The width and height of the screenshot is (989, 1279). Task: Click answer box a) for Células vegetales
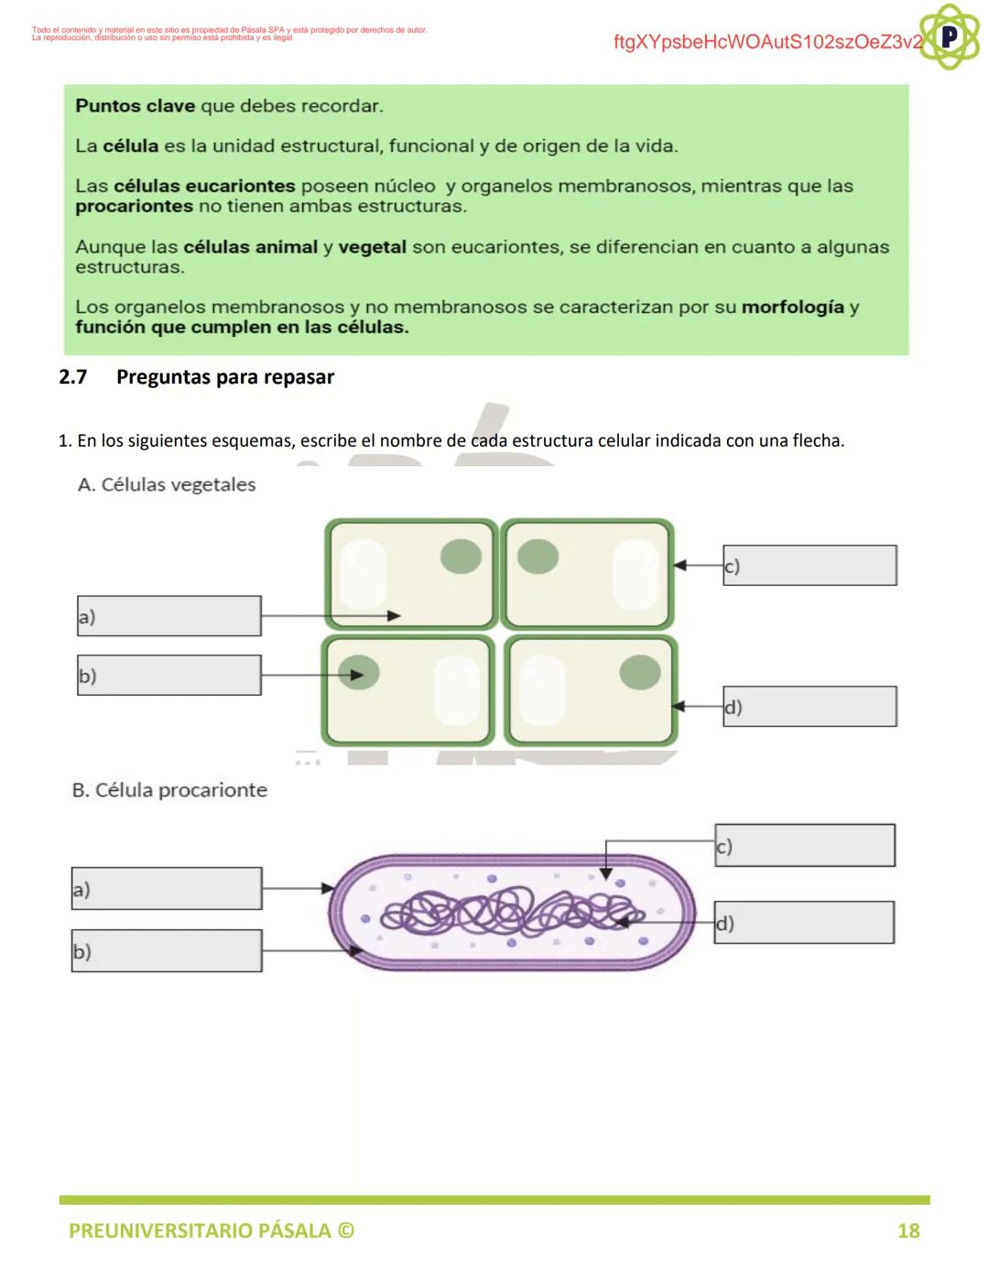coord(169,616)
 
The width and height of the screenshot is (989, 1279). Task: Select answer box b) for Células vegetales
coord(169,676)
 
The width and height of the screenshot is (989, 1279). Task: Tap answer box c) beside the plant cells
coord(810,566)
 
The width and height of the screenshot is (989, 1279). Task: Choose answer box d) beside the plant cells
coord(810,707)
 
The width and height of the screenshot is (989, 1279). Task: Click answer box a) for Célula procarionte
coord(167,888)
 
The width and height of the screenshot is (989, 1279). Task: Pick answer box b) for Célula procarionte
coord(167,950)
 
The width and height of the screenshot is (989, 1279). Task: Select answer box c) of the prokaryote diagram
coord(805,845)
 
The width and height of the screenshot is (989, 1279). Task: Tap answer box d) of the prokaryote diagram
coord(804,923)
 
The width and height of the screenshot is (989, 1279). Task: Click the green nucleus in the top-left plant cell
coord(462,556)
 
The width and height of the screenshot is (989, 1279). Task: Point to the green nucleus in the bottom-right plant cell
coord(640,672)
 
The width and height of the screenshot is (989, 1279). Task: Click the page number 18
coord(908,1230)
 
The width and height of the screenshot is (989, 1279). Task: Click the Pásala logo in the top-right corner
coord(950,37)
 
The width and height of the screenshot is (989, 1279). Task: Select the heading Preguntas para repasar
coord(225,377)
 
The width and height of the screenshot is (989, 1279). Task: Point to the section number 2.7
coord(72,377)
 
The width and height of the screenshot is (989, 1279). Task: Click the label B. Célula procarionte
coord(169,790)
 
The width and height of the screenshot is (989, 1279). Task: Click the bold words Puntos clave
coord(135,106)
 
